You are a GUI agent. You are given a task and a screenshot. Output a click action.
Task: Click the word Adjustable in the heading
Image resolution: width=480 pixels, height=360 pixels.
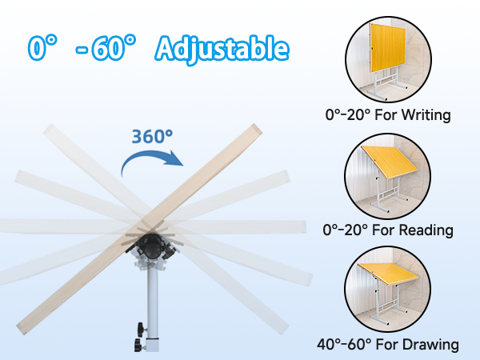[222, 49]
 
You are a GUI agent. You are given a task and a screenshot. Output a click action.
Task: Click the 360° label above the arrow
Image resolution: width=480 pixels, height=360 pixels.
[153, 136]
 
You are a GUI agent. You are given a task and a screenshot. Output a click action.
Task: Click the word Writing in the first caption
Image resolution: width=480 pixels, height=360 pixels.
[427, 115]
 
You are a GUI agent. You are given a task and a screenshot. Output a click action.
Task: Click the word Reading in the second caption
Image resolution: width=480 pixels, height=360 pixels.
[428, 230]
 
